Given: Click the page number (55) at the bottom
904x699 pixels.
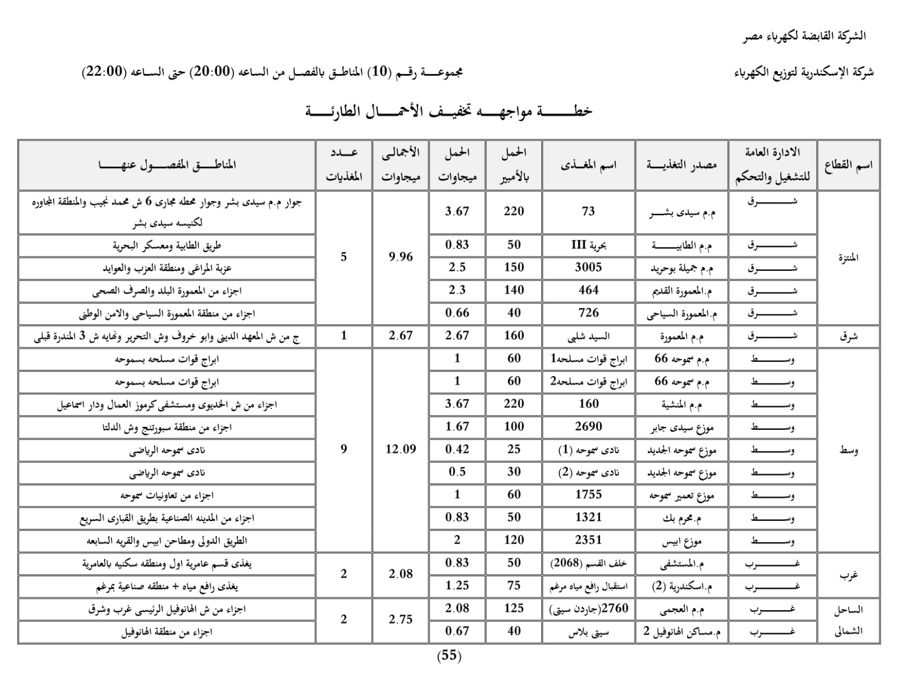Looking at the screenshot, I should [x=449, y=656].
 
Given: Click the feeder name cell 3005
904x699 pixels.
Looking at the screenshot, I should [x=588, y=267].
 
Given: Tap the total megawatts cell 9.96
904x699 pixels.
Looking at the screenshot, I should [x=401, y=257].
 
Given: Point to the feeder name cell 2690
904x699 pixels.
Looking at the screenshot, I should [x=588, y=426].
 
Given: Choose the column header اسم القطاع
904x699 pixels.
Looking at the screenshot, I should [x=848, y=165].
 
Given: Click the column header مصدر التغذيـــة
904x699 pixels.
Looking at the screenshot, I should [x=681, y=165].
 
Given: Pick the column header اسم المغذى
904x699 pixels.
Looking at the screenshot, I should [x=588, y=165].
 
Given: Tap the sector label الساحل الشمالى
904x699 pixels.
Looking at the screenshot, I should [x=848, y=620].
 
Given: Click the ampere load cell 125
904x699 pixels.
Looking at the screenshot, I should [x=514, y=609].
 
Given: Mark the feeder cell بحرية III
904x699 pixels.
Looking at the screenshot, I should [x=588, y=245].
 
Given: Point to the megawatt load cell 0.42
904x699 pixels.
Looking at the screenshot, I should [x=457, y=450].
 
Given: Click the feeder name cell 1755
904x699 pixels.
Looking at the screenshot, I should [x=588, y=495].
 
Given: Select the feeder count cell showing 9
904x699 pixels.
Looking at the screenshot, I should [x=344, y=450].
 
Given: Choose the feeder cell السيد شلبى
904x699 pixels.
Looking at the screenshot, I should [x=588, y=336].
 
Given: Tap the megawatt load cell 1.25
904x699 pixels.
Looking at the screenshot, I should [x=457, y=586].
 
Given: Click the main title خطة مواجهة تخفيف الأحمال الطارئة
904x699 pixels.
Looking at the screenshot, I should [x=449, y=111].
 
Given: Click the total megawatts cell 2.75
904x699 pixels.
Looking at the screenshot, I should [x=401, y=620].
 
